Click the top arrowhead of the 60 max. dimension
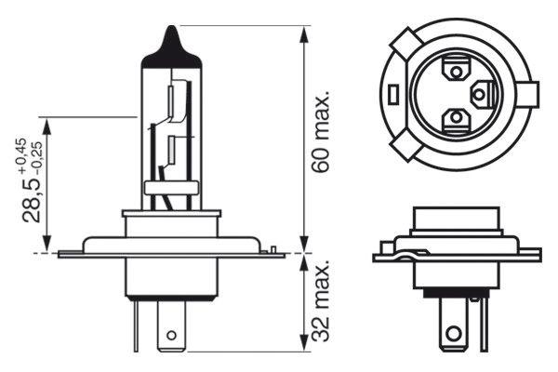[x=305, y=33]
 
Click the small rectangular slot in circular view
[x=394, y=93]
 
